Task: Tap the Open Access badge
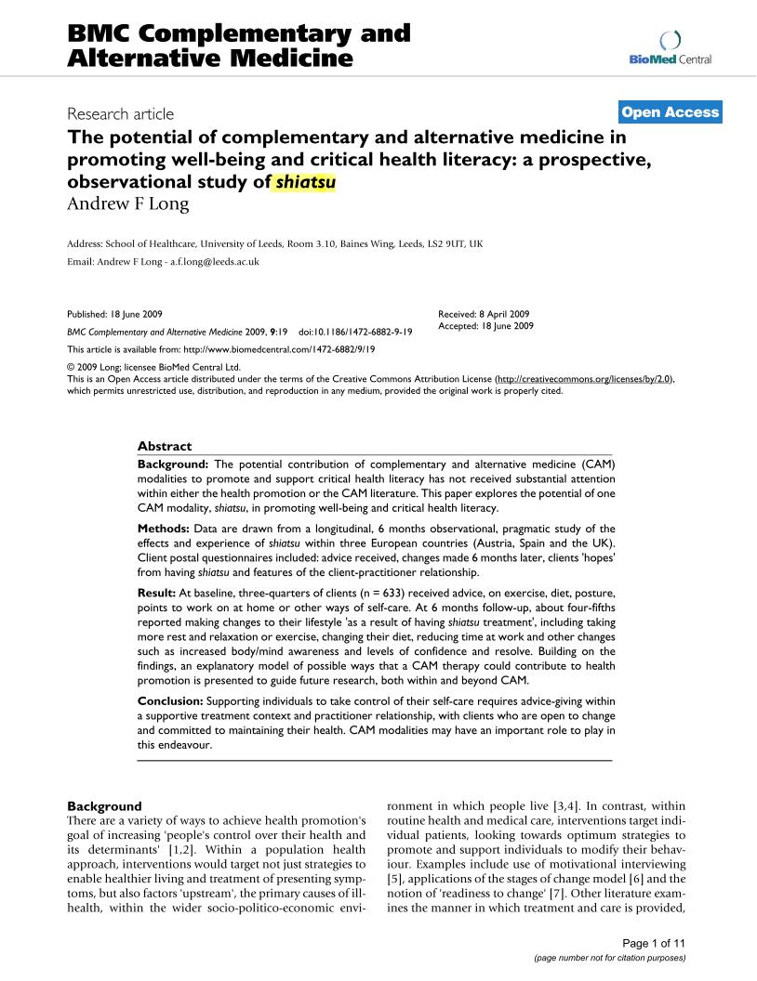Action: [670, 112]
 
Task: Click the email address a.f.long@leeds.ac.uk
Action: [215, 262]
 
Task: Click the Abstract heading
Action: [165, 446]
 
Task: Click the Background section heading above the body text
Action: [105, 806]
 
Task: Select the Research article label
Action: [121, 114]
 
